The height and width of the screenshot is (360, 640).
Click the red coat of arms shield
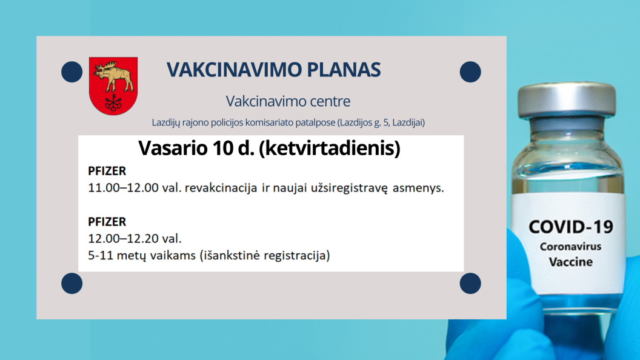click(113, 85)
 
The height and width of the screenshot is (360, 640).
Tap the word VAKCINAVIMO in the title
click(235, 70)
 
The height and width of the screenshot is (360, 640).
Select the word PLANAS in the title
click(344, 70)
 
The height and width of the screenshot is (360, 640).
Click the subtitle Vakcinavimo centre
click(288, 101)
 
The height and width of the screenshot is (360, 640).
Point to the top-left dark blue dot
click(72, 72)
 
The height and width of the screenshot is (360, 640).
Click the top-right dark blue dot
click(470, 72)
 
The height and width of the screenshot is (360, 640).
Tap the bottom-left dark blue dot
click(72, 283)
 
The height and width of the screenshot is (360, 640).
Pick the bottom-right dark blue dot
click(470, 283)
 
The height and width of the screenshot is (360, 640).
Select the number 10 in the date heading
click(222, 148)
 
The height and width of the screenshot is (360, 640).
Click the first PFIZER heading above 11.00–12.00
click(107, 171)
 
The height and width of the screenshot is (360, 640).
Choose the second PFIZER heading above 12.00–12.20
click(107, 222)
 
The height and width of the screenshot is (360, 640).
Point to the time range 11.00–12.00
click(123, 188)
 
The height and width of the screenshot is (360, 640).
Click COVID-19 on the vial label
click(571, 227)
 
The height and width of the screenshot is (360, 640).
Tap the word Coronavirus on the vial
click(571, 247)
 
